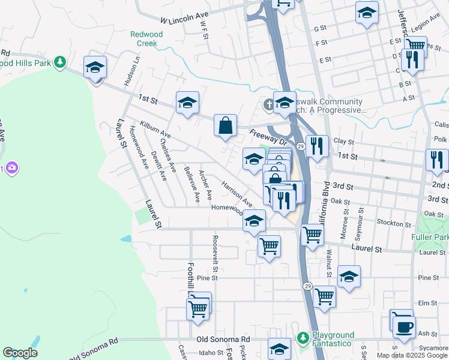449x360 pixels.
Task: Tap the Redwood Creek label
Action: pyautogui.click(x=146, y=39)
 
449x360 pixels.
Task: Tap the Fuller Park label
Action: pyautogui.click(x=430, y=238)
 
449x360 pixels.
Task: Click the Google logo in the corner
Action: pyautogui.click(x=20, y=353)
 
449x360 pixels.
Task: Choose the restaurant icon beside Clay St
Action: pyautogui.click(x=318, y=145)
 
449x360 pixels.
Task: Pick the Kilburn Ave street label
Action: pyautogui.click(x=155, y=128)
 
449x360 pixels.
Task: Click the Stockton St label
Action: pyautogui.click(x=394, y=223)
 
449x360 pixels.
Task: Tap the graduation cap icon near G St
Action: pyautogui.click(x=367, y=12)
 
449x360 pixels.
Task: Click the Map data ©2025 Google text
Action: pyautogui.click(x=412, y=355)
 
